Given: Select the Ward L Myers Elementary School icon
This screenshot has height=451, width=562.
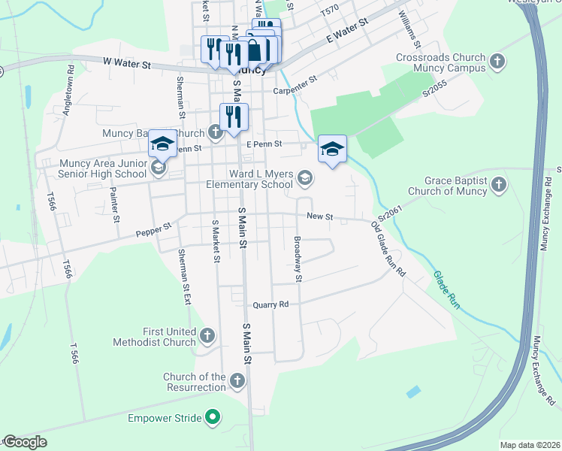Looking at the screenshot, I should pyautogui.click(x=304, y=178).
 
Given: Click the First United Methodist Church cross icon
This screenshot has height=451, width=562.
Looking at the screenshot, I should pyautogui.click(x=207, y=336).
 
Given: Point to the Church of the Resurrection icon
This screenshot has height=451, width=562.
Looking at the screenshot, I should pyautogui.click(x=237, y=381).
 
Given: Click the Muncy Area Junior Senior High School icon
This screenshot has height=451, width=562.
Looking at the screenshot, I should pyautogui.click(x=158, y=168).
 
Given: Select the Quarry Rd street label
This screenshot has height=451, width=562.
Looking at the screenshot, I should pyautogui.click(x=270, y=305).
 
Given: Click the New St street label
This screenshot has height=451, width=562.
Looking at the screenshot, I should pyautogui.click(x=319, y=216).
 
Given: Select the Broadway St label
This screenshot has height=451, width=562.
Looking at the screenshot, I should pyautogui.click(x=298, y=259).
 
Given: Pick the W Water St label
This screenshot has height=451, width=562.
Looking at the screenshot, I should pyautogui.click(x=127, y=65).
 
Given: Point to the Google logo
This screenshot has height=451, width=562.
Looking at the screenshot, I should pyautogui.click(x=25, y=442).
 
